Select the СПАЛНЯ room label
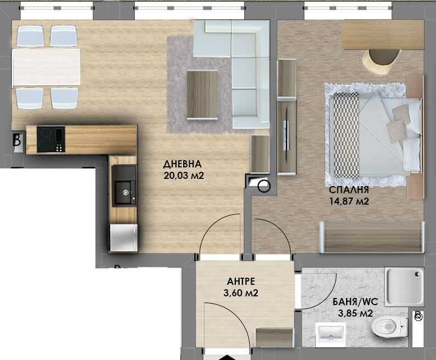(x=348, y=190)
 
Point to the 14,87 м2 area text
(x=348, y=201)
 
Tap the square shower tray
(x=405, y=287)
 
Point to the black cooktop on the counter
(x=51, y=139)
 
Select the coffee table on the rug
(x=202, y=94)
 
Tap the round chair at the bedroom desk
(x=380, y=60)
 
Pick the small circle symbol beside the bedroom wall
(x=264, y=187)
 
